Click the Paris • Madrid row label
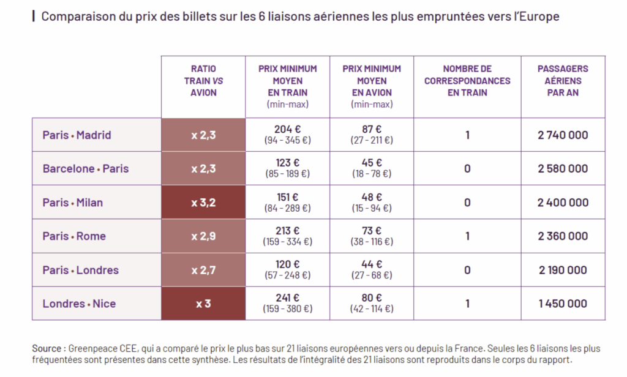click(77, 135)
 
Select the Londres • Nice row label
click(79, 304)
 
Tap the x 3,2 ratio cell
click(203, 203)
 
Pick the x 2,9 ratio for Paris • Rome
click(203, 236)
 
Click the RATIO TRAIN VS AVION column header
click(203, 81)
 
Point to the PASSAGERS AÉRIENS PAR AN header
click(563, 81)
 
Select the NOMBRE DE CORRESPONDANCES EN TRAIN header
click(467, 81)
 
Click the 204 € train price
click(288, 129)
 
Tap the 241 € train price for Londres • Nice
click(288, 298)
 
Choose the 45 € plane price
click(372, 163)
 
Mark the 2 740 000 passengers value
click(563, 135)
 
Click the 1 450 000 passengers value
click(563, 304)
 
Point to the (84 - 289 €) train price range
click(288, 208)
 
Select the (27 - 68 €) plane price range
click(372, 275)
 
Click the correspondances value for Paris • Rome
click(467, 236)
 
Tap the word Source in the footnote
click(47, 348)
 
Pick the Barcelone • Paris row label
click(86, 169)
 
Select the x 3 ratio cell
click(203, 304)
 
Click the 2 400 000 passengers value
click(563, 203)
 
